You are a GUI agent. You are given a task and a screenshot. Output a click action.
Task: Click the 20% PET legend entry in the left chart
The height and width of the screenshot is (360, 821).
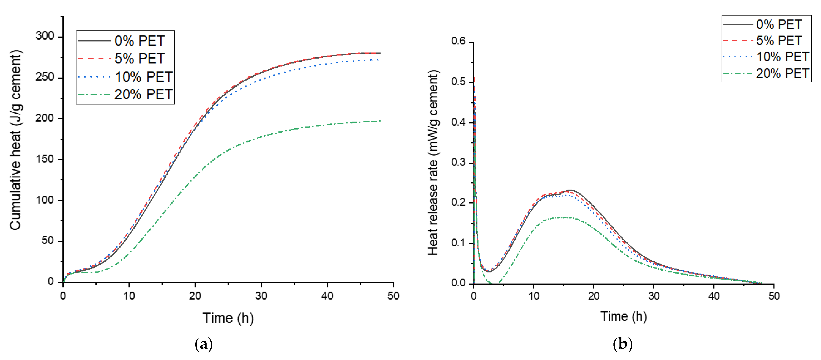click(x=143, y=95)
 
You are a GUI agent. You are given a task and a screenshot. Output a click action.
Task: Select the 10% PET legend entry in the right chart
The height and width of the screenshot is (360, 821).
click(x=782, y=57)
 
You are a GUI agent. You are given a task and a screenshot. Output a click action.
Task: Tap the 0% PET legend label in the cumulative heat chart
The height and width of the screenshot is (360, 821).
click(x=140, y=41)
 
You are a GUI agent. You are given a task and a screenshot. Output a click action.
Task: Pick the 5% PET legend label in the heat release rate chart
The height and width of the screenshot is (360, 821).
click(x=779, y=41)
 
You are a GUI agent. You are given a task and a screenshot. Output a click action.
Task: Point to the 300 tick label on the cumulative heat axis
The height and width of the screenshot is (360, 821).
click(x=45, y=36)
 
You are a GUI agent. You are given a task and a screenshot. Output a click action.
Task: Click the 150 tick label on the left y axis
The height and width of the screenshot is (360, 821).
click(x=45, y=159)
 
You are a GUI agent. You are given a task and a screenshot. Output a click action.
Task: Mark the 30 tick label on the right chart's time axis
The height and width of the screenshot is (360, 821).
click(x=654, y=296)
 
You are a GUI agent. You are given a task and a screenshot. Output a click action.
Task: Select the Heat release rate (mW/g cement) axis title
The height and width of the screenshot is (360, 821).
click(x=433, y=162)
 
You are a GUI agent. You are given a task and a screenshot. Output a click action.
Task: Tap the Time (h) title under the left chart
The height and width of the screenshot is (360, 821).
click(x=228, y=318)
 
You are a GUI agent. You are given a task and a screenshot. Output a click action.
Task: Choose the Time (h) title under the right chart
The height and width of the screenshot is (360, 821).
click(x=623, y=316)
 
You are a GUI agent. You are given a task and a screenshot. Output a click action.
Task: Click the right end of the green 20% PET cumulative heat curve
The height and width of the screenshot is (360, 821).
click(x=380, y=121)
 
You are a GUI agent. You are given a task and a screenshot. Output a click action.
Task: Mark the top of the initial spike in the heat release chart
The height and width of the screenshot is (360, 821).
click(x=475, y=77)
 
